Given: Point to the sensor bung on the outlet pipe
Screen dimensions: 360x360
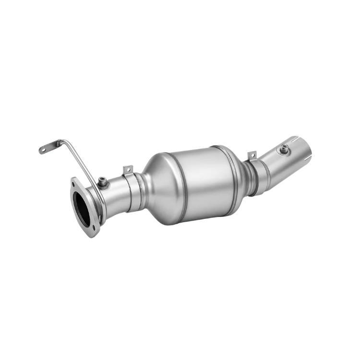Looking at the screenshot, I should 286,150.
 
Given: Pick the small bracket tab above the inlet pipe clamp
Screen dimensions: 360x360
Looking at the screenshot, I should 128,169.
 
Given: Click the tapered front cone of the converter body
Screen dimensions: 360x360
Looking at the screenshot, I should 158,180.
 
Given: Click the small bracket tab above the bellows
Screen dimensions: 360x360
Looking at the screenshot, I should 251,155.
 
